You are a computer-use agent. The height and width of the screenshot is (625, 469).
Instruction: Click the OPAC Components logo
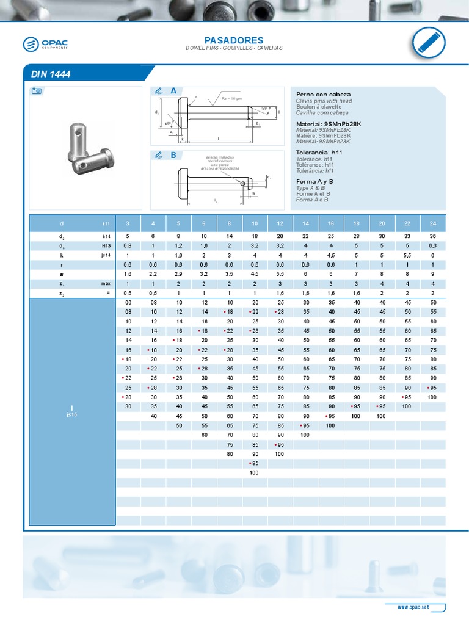(46, 44)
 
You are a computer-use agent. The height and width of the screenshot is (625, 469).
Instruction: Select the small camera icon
(36, 91)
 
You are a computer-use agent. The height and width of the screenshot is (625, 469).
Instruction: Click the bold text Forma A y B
(314, 182)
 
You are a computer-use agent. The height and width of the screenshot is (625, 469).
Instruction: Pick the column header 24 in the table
(433, 224)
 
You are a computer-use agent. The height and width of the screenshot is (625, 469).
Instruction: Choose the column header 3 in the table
(128, 224)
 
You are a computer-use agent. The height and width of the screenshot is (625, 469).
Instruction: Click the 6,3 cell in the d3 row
(433, 246)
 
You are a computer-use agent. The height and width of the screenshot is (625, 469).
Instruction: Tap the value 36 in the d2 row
(433, 236)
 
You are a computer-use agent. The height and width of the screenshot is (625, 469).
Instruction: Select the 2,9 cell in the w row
(178, 275)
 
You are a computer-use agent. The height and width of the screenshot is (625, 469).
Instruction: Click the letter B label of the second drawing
(173, 155)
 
